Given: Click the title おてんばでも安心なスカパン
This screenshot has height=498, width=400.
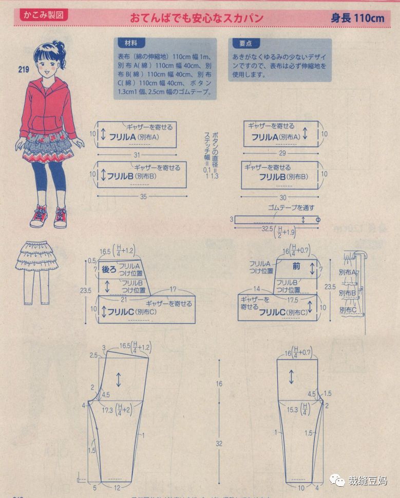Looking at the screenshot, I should (x=196, y=18).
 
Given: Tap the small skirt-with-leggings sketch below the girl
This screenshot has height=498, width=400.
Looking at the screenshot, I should (x=36, y=269).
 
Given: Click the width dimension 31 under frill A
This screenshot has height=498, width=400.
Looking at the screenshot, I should (x=136, y=155).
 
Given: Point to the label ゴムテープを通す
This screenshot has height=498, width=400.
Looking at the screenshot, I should (x=291, y=208).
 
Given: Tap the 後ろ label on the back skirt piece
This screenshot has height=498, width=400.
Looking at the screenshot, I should (x=109, y=269).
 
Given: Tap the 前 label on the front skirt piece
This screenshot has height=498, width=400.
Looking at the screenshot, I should (x=296, y=266).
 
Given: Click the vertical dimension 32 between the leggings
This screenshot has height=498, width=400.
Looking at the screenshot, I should (x=219, y=443).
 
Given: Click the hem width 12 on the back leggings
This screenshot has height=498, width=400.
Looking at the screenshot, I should (x=117, y=488).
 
